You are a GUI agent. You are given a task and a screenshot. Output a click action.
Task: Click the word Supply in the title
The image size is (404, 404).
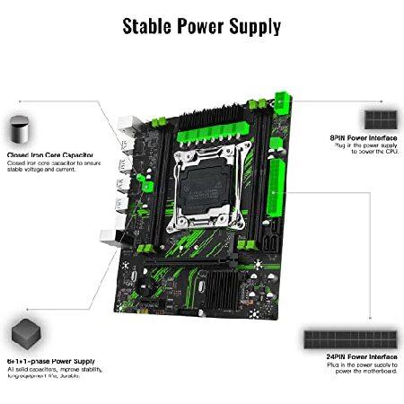point(252,25)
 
